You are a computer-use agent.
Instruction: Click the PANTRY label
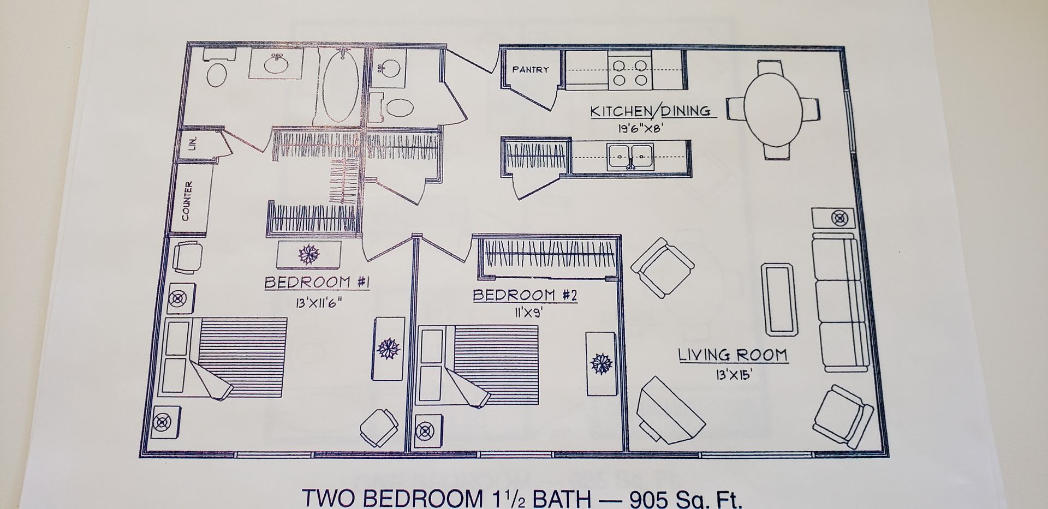530,70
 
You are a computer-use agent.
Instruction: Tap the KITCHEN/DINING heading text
650,111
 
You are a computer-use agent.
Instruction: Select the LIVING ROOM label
733,355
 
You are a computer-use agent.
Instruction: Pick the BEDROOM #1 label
318,283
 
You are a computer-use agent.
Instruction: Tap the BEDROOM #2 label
525,295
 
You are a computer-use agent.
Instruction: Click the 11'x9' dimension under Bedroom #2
526,313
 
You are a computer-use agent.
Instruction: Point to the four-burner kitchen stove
630,73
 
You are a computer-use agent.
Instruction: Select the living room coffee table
779,299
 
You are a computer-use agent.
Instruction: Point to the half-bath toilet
399,107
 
